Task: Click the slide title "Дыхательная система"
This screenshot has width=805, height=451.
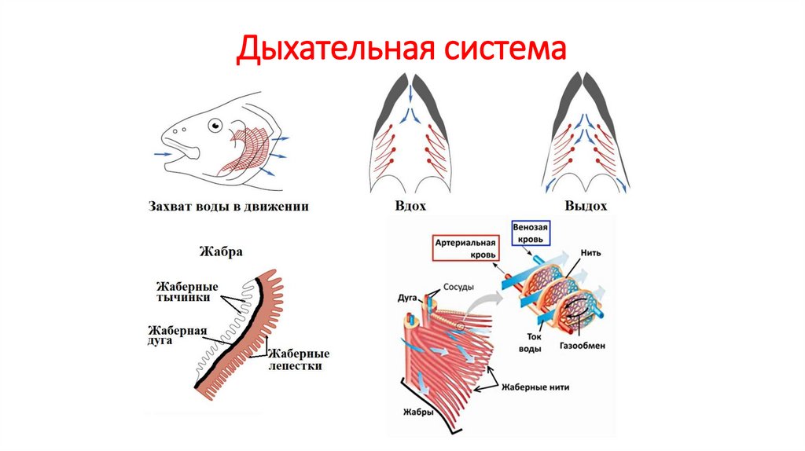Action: pos(402,49)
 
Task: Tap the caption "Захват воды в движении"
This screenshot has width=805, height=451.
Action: pos(228,207)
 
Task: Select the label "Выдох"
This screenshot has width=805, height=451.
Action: pos(586,207)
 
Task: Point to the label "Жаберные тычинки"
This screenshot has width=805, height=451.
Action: pos(187,291)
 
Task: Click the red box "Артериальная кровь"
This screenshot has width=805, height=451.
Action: pos(467,250)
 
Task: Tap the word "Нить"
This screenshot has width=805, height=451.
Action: pos(591,254)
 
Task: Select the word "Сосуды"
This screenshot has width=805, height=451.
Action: pos(458,287)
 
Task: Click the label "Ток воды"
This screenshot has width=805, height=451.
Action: pos(531,343)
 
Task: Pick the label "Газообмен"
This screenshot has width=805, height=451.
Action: pos(583,345)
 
